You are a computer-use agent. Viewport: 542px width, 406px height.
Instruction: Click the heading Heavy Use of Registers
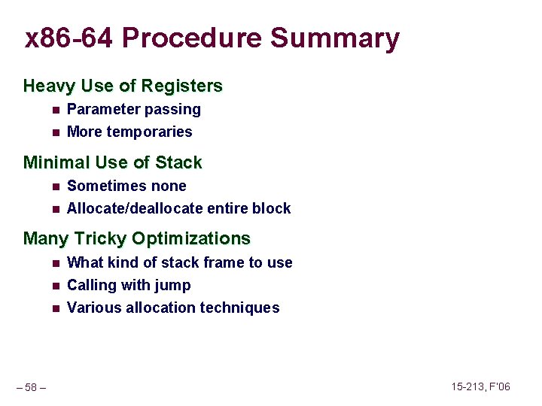(x=123, y=86)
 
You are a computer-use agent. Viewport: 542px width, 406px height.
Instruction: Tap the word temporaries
(x=149, y=132)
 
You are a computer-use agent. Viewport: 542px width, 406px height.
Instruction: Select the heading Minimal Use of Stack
(x=112, y=162)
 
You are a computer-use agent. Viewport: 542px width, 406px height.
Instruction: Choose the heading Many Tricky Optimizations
(x=136, y=239)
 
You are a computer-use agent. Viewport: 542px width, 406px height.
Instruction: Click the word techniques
(x=239, y=308)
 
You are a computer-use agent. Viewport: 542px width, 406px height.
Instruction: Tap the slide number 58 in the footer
(x=31, y=387)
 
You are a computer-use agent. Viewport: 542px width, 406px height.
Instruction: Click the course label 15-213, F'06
(x=480, y=386)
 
